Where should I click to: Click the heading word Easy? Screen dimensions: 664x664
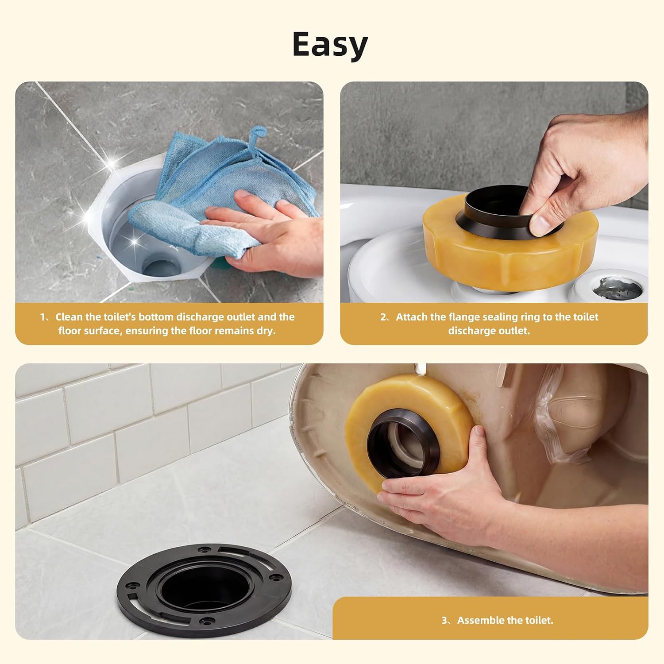coord(330,45)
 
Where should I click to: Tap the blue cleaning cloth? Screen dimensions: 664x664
coord(221,195)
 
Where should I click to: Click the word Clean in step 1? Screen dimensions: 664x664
coord(69,317)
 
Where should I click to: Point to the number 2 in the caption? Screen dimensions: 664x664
coord(383,317)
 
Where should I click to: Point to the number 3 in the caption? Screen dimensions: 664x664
coord(444,621)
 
